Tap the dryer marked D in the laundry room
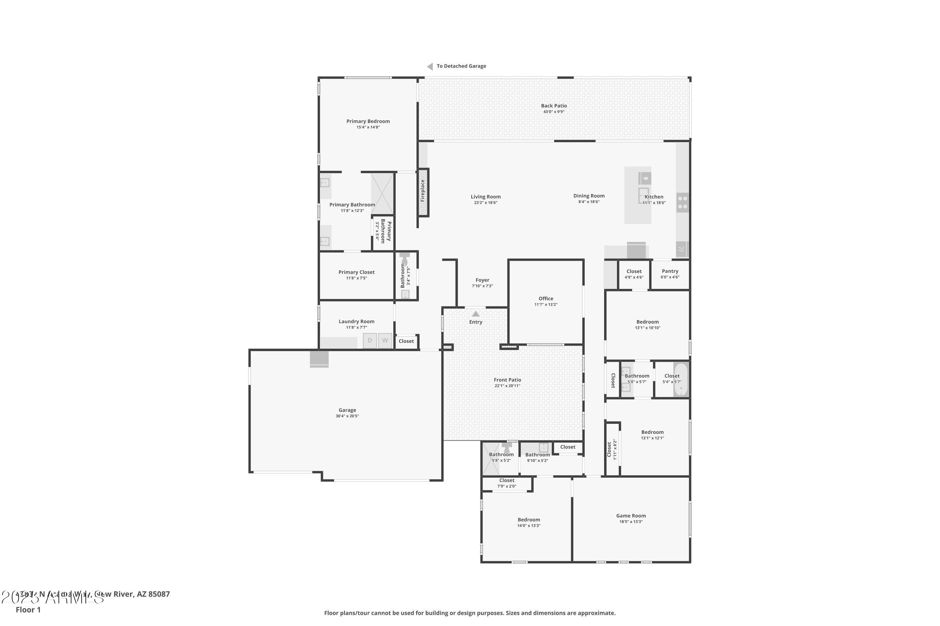(370, 341)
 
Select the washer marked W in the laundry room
(385, 341)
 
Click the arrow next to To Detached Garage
(430, 66)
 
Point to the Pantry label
(670, 271)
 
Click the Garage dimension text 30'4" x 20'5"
(347, 416)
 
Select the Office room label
(546, 299)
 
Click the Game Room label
(631, 516)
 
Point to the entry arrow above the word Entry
(476, 314)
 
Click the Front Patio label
(507, 380)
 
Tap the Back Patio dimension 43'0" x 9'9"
(554, 112)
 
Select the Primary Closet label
(357, 272)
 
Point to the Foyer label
(483, 280)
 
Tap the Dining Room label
(589, 196)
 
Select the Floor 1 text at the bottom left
(28, 610)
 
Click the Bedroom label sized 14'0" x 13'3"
(529, 520)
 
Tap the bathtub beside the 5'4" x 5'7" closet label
(681, 379)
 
